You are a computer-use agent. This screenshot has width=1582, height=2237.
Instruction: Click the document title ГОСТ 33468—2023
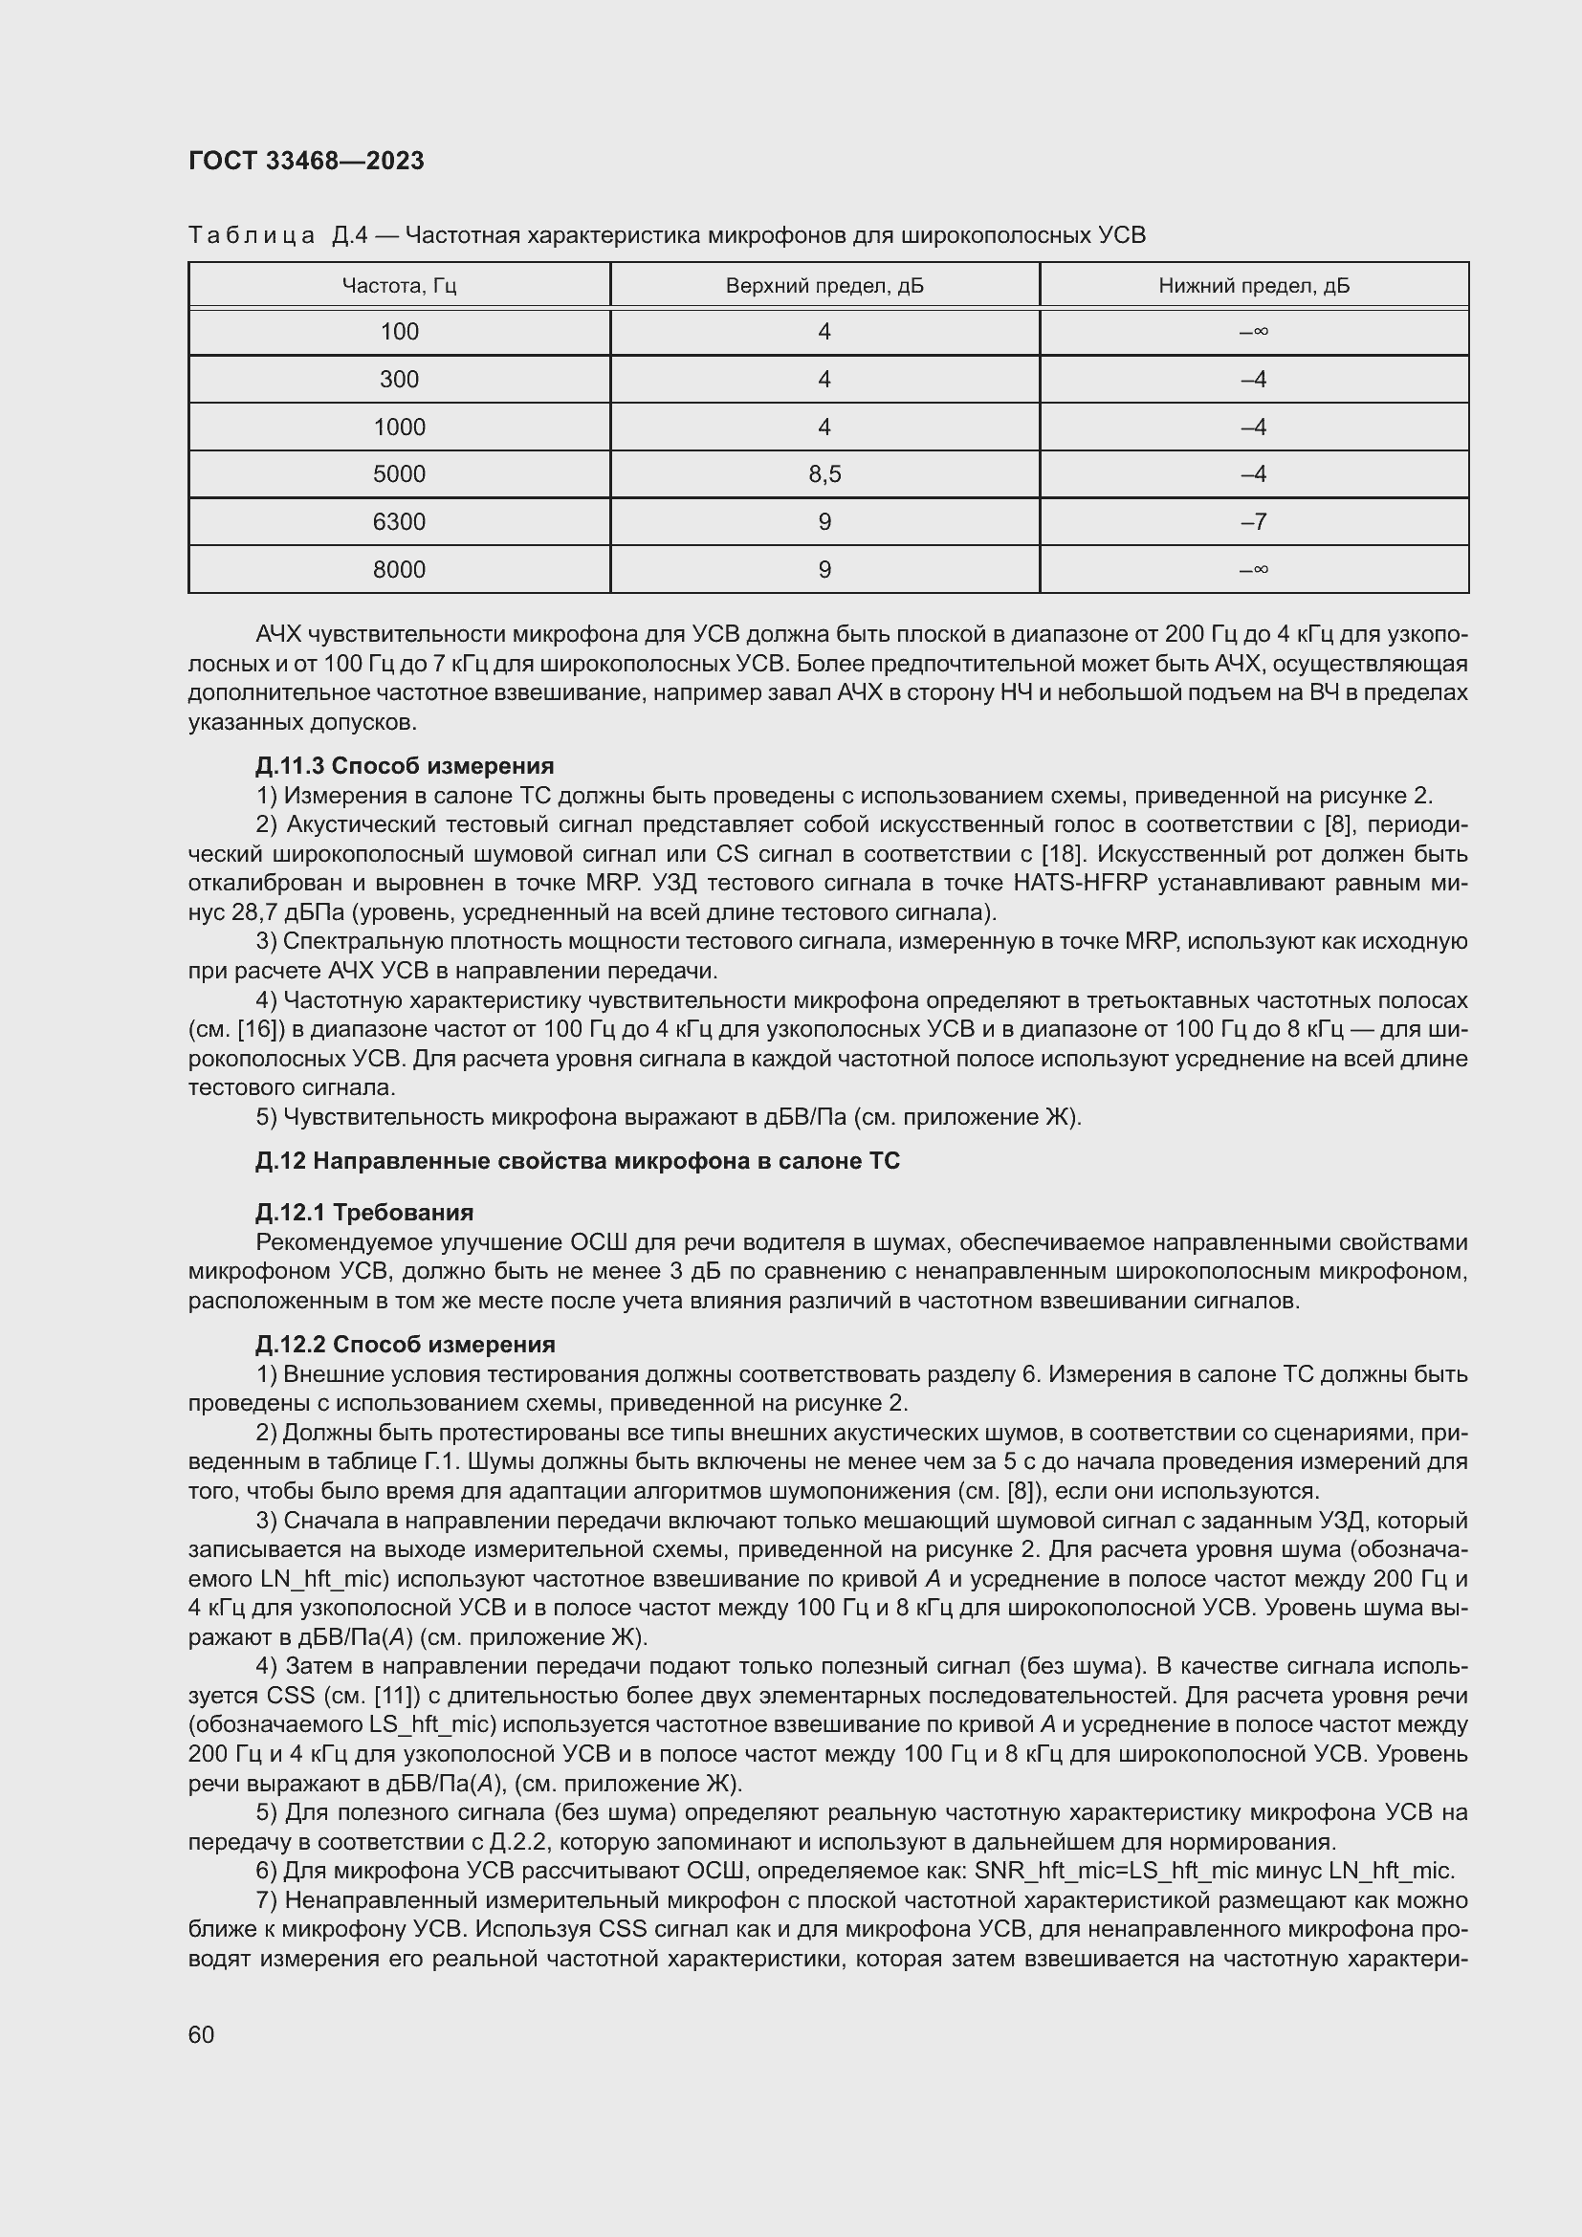[x=306, y=161]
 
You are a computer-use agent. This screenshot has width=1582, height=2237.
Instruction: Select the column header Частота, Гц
[x=399, y=285]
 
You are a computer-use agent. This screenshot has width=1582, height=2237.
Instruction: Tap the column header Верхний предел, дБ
[x=824, y=285]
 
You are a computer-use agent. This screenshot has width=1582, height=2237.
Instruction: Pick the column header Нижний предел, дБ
[x=1254, y=285]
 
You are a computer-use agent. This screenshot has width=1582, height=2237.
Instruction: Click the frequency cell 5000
[x=399, y=474]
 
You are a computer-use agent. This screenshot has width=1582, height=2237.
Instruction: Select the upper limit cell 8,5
[x=824, y=474]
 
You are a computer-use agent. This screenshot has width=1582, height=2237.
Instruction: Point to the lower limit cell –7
[x=1254, y=522]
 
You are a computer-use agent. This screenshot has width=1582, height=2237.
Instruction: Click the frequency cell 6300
[x=399, y=522]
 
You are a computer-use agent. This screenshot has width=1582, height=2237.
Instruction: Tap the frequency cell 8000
[x=399, y=570]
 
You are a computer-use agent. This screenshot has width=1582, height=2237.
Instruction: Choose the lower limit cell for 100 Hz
[x=1254, y=332]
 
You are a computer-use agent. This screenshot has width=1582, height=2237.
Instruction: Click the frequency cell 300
[x=399, y=380]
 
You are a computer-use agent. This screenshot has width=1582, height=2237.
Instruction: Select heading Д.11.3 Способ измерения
[x=405, y=766]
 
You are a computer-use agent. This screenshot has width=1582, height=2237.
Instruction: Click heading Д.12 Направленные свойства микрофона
[x=577, y=1160]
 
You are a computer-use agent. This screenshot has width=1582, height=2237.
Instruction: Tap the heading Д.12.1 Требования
[x=364, y=1212]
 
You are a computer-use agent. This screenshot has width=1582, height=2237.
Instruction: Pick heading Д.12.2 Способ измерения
[x=406, y=1344]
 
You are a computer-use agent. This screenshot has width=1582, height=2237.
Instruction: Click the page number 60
[x=202, y=2034]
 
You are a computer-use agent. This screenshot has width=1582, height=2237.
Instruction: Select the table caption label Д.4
[x=349, y=236]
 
